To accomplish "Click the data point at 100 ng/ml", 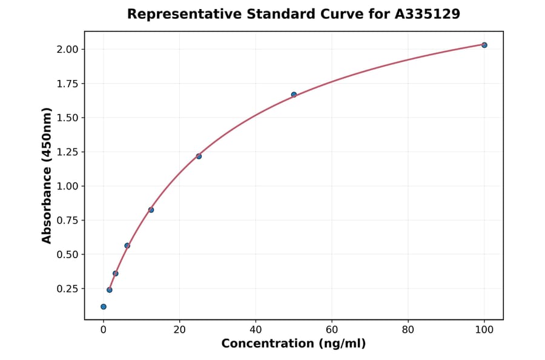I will pos(484,45).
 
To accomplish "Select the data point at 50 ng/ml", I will pos(294,95).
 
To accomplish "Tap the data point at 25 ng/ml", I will pos(199,156).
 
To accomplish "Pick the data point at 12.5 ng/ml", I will pos(151,210).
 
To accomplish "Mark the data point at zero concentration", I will pos(104,307).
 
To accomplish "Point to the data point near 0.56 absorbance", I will pos(127,245).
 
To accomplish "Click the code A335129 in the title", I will pos(428,14).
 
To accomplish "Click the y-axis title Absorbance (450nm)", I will pos(47,175).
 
